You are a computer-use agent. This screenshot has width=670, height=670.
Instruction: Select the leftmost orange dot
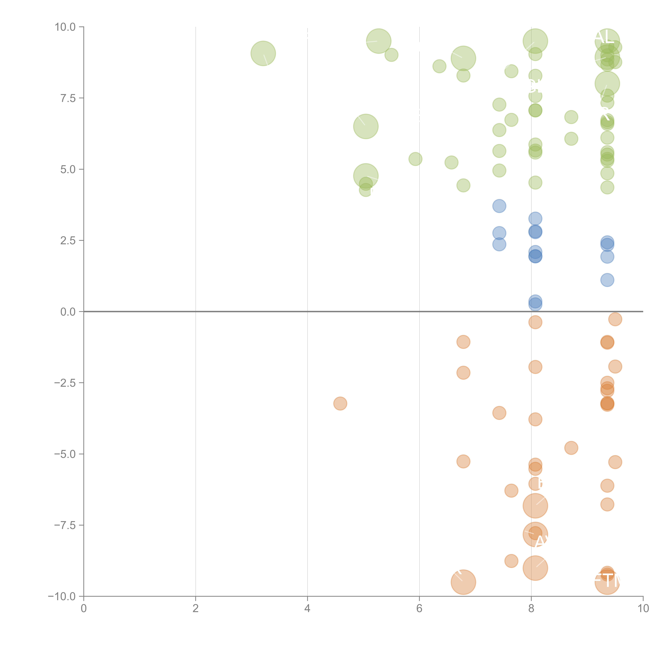tap(340, 403)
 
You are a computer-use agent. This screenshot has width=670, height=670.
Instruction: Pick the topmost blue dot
tap(499, 206)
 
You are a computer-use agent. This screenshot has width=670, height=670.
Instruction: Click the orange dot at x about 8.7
tap(571, 448)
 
